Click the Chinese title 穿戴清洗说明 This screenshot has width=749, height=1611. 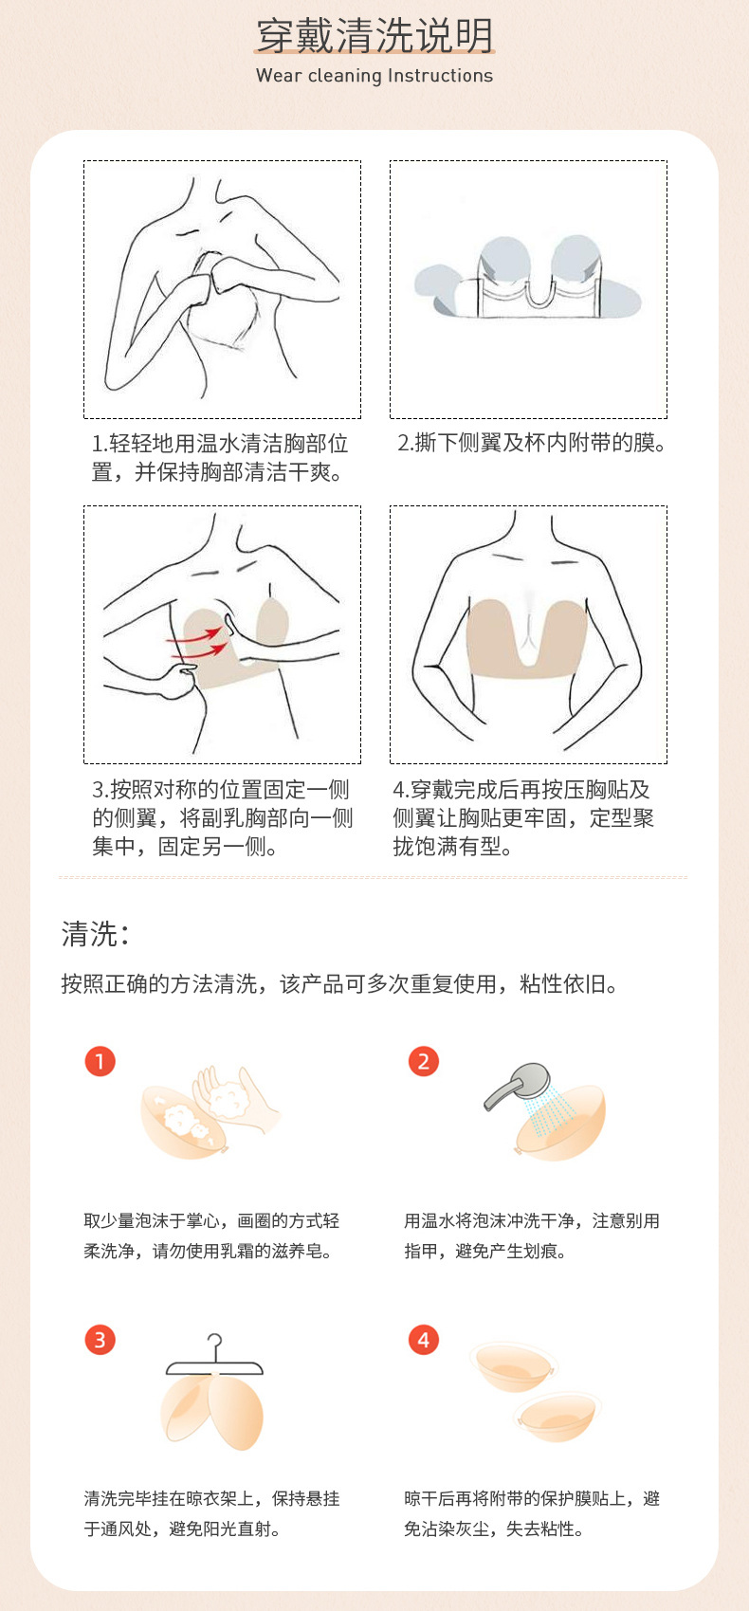[x=374, y=36]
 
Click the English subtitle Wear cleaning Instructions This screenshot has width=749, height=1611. [x=374, y=76]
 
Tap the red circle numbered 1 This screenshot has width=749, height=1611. [x=100, y=1061]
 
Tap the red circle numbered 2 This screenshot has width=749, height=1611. [x=424, y=1061]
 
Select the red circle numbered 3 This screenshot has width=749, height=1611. [x=100, y=1340]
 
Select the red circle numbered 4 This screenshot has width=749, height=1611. [x=424, y=1340]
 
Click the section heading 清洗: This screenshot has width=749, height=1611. [x=95, y=934]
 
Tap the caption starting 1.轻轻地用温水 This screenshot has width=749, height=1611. [x=220, y=457]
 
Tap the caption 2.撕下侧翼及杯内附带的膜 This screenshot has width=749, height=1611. [x=531, y=443]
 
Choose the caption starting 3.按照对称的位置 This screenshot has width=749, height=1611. [x=222, y=817]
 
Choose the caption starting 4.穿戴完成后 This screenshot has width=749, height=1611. [x=523, y=817]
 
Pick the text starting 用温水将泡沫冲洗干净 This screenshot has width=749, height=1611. [x=531, y=1236]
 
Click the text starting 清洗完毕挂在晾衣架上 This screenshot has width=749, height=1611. [x=211, y=1513]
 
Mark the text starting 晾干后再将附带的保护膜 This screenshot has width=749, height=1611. [x=531, y=1513]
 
